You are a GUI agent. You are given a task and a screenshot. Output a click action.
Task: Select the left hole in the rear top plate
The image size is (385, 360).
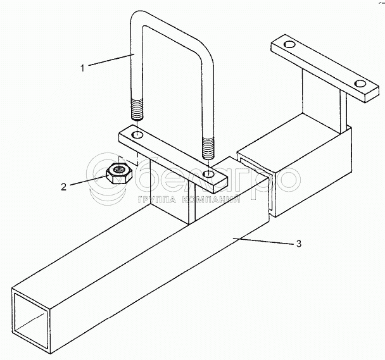coord(289,46)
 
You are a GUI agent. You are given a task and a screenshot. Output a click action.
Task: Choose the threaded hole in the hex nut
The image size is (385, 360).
coord(118,168)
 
